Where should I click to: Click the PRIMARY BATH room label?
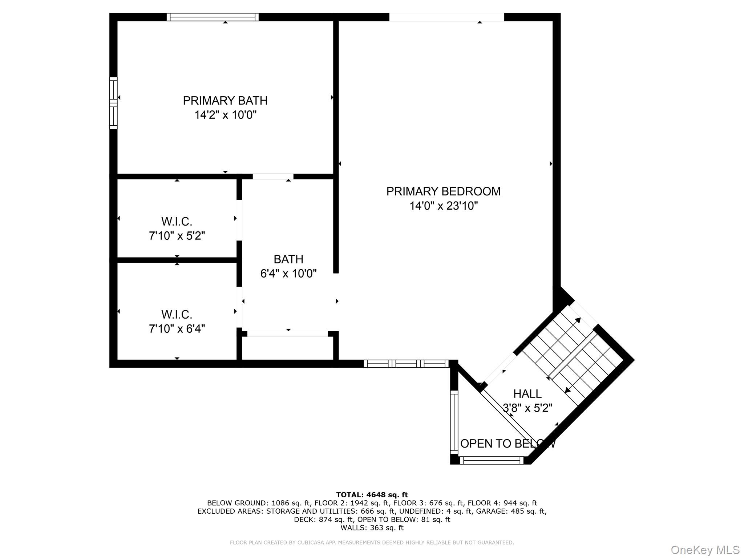pyautogui.click(x=225, y=101)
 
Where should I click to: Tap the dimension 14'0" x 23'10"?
pyautogui.click(x=443, y=206)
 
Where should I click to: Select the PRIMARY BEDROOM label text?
pyautogui.click(x=443, y=191)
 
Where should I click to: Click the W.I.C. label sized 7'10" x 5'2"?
pyautogui.click(x=177, y=221)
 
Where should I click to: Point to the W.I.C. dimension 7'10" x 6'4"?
pyautogui.click(x=177, y=329)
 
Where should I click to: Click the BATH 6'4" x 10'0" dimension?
pyautogui.click(x=288, y=274)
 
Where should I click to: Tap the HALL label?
pyautogui.click(x=527, y=393)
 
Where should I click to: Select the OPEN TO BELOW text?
pyautogui.click(x=508, y=444)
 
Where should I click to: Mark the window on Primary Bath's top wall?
pyautogui.click(x=213, y=17)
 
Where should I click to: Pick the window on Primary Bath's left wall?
pyautogui.click(x=113, y=103)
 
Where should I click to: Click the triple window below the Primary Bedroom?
pyautogui.click(x=406, y=363)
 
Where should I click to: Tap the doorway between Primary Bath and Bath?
pyautogui.click(x=273, y=176)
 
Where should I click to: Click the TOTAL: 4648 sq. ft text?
pyautogui.click(x=372, y=495)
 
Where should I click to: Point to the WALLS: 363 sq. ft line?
pyautogui.click(x=372, y=527)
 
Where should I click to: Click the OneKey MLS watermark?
pyautogui.click(x=705, y=550)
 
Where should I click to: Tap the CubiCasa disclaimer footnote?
pyautogui.click(x=372, y=542)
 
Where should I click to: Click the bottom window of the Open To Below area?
pyautogui.click(x=492, y=460)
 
